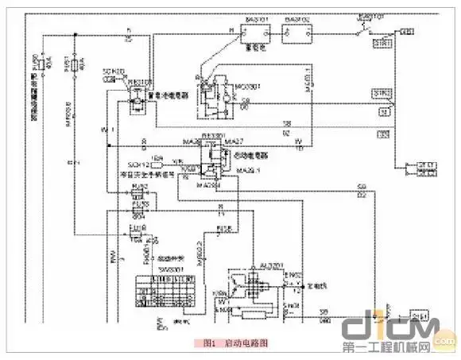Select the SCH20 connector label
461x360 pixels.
114,72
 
